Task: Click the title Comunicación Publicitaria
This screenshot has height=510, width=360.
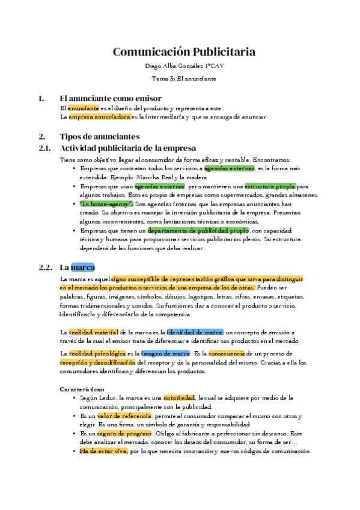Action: [x=184, y=52]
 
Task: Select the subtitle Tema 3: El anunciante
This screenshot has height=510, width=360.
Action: [x=184, y=79]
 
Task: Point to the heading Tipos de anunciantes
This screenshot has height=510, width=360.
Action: [x=100, y=136]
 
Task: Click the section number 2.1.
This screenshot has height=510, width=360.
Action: [x=46, y=148]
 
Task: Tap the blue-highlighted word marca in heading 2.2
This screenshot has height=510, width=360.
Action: [x=83, y=267]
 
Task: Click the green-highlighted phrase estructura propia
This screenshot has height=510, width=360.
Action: [x=270, y=186]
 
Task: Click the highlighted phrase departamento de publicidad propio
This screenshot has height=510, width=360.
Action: [x=198, y=230]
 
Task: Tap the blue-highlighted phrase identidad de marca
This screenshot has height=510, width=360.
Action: [x=195, y=332]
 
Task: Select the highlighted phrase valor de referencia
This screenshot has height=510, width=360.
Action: [x=124, y=416]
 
